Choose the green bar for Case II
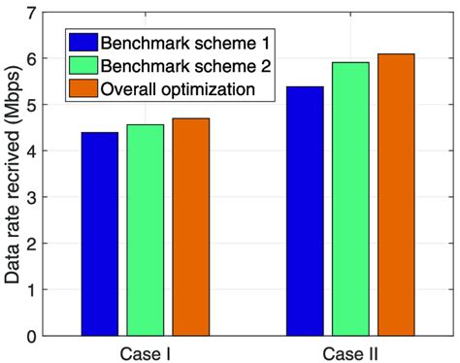coord(349,199)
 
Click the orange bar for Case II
coord(395,194)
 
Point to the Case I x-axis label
coord(145,350)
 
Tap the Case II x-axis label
coord(349,350)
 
